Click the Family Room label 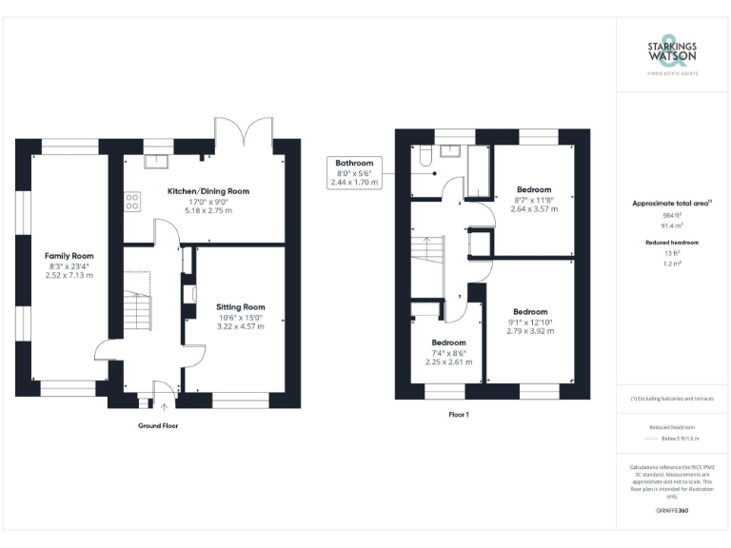[69, 256]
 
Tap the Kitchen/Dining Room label [208, 191]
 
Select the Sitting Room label [240, 307]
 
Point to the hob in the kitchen [132, 202]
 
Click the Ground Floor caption [158, 425]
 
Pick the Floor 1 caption [458, 415]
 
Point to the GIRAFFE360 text [672, 511]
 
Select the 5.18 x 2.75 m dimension [208, 210]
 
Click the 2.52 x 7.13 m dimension [69, 276]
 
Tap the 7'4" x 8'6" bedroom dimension [448, 353]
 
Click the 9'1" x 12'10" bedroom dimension [530, 323]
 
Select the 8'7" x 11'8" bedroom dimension [533, 199]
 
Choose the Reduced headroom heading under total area [672, 243]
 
